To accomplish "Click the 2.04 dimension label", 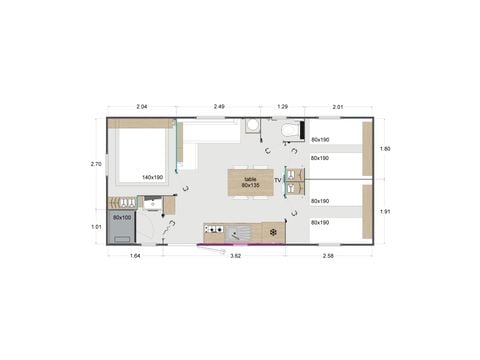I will tap(141, 106).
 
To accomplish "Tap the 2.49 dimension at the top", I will tap(218, 106).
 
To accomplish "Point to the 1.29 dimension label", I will tap(282, 106).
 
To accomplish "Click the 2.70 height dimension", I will tap(96, 164).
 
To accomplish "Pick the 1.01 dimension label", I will tap(96, 226).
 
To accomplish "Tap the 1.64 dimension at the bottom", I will tap(135, 257).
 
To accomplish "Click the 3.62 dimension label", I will tap(236, 257).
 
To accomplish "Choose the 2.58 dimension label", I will tap(329, 257).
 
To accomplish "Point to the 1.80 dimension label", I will tap(385, 149).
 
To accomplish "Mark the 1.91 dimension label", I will tap(385, 211).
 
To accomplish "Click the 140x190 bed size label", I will tap(153, 177).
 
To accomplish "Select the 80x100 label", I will tap(122, 217).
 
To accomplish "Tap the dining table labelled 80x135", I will tap(250, 181).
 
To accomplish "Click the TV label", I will tap(278, 180).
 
